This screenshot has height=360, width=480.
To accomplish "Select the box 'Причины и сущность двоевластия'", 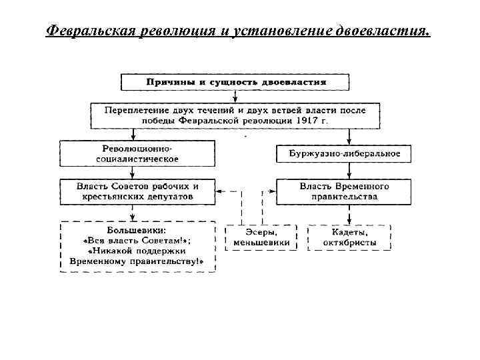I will (x=235, y=82).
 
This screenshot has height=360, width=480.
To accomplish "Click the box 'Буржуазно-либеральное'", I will (x=345, y=153).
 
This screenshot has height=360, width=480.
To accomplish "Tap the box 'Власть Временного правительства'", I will (x=345, y=191).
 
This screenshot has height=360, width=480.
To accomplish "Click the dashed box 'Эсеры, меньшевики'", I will (x=261, y=237).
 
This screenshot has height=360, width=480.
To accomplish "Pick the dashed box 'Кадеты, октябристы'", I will (x=349, y=237).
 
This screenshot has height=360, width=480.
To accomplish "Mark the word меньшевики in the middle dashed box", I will (x=261, y=243).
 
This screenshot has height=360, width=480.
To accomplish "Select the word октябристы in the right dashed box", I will (x=349, y=243).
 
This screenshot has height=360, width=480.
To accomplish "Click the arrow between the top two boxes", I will (x=235, y=95).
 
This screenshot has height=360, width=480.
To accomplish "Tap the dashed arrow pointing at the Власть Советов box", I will (x=221, y=191).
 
